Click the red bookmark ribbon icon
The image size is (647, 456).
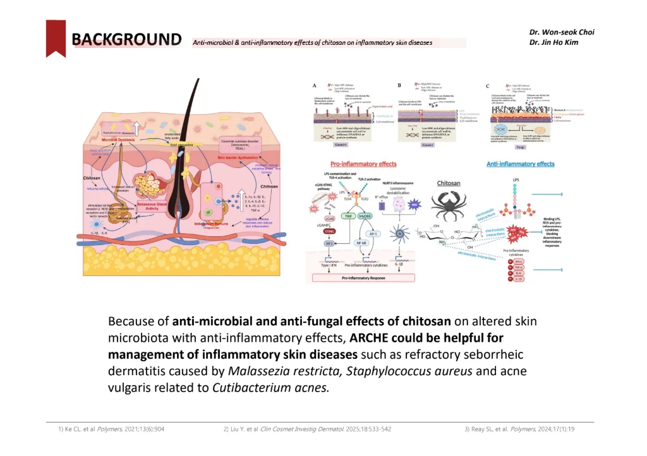click(56, 38)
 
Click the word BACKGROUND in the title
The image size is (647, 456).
click(126, 40)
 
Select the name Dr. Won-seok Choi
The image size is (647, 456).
click(562, 32)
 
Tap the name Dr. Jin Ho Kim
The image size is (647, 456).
click(553, 42)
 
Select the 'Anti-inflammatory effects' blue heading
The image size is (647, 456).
click(520, 164)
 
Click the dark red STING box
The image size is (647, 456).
click(329, 231)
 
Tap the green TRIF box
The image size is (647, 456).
click(348, 215)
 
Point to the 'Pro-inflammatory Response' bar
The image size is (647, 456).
click(360, 277)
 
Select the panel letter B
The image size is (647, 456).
click(399, 85)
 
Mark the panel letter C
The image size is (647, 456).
click(487, 85)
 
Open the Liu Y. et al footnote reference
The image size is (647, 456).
click(307, 429)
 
